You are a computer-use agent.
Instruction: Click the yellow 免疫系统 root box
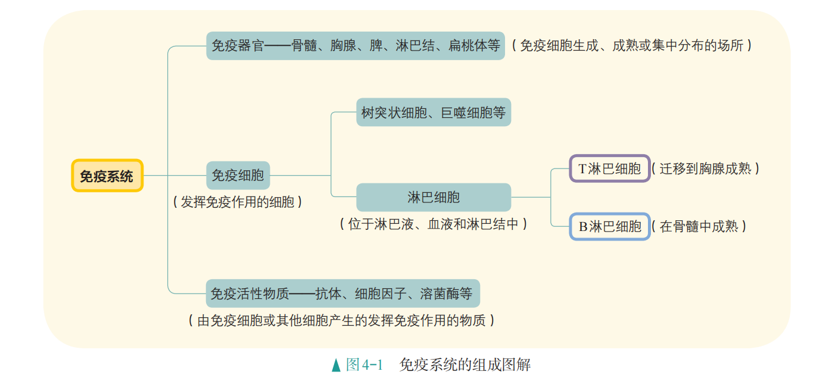coord(107,176)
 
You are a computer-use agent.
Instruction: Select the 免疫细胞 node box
coord(238,176)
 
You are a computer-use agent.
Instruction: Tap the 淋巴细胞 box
coord(434,197)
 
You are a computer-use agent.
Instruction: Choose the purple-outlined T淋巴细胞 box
coord(609,168)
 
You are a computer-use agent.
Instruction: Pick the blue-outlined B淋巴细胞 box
coord(609,226)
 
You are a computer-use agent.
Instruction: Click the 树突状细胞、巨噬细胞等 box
coord(434,112)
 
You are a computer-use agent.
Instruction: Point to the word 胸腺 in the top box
coord(343,45)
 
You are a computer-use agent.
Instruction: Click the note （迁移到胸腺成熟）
coord(705,168)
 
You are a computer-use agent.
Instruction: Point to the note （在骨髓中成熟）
coord(699,226)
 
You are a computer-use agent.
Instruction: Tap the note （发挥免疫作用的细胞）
coord(238,202)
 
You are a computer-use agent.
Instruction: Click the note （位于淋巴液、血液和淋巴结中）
coord(434,224)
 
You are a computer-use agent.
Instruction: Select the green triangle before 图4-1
coord(336,365)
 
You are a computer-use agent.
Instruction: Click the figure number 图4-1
coord(364,365)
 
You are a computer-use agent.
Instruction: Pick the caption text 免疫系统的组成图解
coord(465,365)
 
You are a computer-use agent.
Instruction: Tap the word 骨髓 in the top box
coord(304,45)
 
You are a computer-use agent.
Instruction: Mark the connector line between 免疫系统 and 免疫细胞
coord(174,176)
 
